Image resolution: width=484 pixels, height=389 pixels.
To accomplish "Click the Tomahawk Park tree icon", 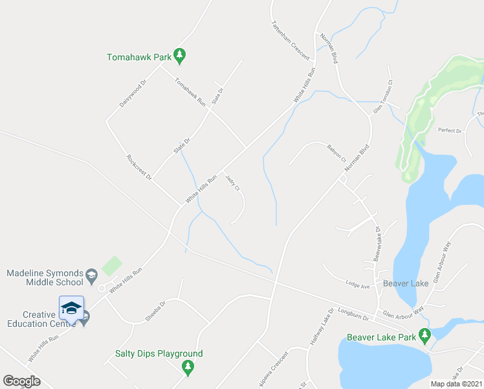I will (181, 57).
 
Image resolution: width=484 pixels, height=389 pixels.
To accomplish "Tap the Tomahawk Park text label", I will (139, 57).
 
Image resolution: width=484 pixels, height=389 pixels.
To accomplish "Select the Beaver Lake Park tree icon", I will (424, 336).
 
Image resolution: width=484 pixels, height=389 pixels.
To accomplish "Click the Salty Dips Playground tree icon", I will (188, 368).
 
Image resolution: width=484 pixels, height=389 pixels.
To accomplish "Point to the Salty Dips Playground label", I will (159, 353).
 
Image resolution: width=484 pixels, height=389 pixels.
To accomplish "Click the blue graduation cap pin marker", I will (71, 308).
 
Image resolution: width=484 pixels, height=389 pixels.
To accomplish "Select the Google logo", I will (21, 381).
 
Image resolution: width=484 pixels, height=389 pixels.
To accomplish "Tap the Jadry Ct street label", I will (233, 182).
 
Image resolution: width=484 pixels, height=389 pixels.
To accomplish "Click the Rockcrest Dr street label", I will (139, 167).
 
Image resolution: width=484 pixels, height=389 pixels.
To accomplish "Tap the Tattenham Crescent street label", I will (291, 39).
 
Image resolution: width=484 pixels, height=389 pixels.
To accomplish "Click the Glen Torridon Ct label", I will (382, 97).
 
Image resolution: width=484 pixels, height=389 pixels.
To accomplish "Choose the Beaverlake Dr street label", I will (377, 244).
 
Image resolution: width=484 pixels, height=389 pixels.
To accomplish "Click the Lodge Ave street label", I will (357, 285).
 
